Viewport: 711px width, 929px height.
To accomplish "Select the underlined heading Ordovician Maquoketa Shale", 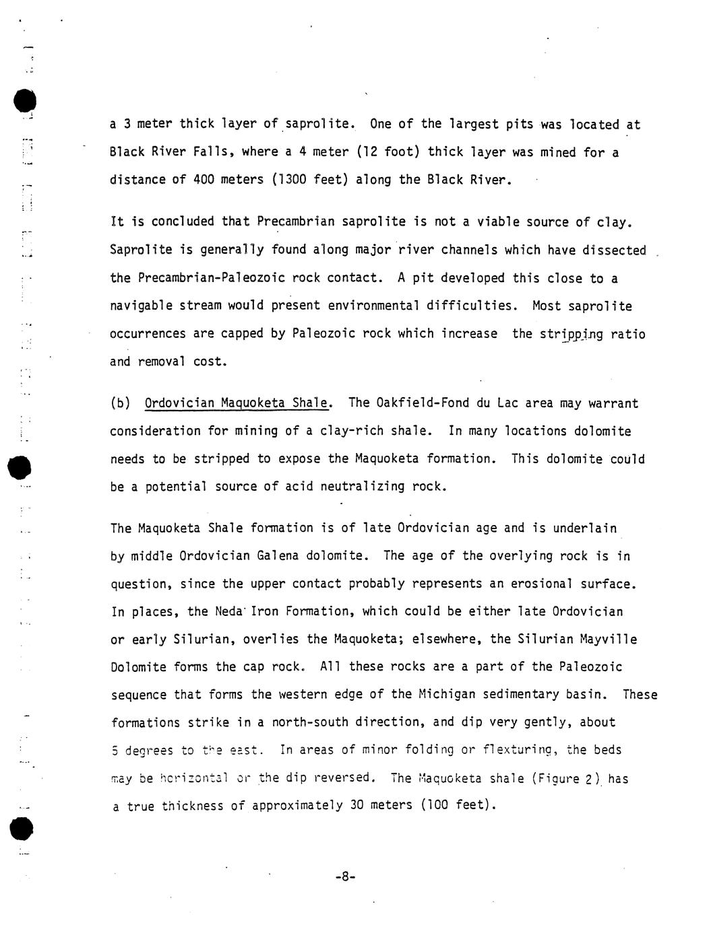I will pyautogui.click(x=237, y=403).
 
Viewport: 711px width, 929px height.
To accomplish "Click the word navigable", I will pyautogui.click(x=141, y=306).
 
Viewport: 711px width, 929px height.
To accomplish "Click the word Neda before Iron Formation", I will pyautogui.click(x=228, y=611).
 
